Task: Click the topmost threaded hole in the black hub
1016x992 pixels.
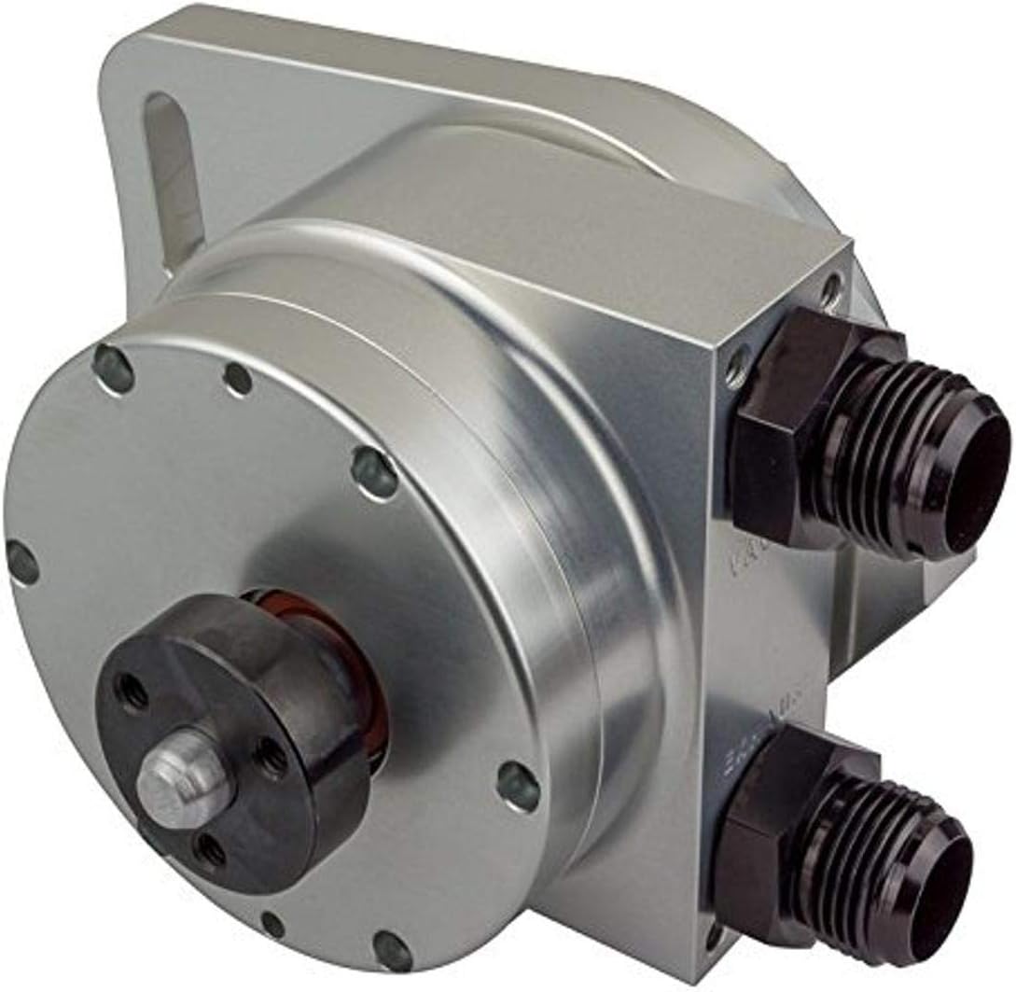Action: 132,692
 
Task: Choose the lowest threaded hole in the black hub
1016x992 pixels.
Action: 211,850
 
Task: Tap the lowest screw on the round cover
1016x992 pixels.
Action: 392,950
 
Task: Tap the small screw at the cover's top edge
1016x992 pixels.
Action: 239,378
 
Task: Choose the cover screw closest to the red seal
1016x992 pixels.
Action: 374,472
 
